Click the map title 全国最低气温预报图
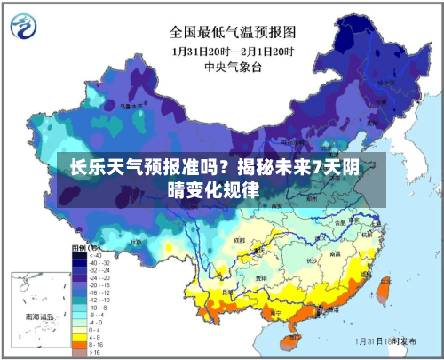tap(234, 33)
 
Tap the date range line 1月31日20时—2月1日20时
tap(234, 51)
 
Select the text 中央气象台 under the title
tap(234, 66)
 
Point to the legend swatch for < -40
tap(78, 255)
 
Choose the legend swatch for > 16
tap(78, 353)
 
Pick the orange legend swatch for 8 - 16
tap(78, 345)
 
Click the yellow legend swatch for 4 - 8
tap(78, 337)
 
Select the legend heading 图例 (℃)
tap(86, 246)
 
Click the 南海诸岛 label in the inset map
tap(39, 316)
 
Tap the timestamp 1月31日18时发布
tap(387, 340)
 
